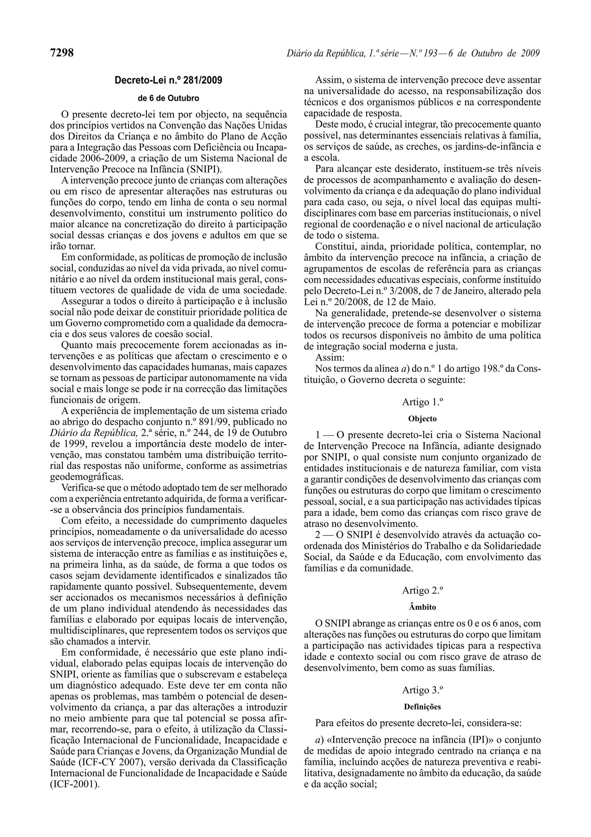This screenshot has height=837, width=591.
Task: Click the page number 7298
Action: tap(62, 53)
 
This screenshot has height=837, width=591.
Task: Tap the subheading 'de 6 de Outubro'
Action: tap(168, 98)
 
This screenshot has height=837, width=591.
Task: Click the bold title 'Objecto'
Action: tap(422, 419)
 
